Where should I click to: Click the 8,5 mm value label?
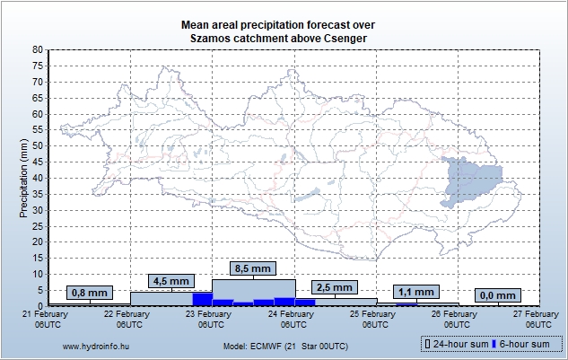coord(252,268)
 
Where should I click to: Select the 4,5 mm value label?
coord(170,280)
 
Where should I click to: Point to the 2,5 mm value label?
coord(334,287)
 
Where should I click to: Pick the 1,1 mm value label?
coord(415,292)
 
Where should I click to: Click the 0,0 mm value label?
coord(497,294)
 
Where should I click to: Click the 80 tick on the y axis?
coord(37,50)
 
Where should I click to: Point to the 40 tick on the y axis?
coord(37,178)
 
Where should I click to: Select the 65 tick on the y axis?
coord(37,98)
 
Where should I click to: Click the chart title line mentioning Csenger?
coord(277,39)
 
